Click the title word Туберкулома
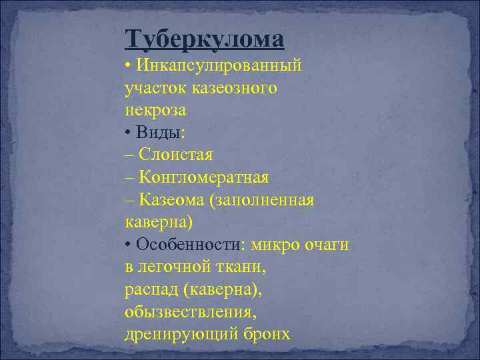[204, 39]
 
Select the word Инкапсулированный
[219, 65]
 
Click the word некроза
[155, 110]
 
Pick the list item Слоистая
[175, 155]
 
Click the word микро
[274, 245]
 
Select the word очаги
[326, 245]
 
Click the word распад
[150, 290]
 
